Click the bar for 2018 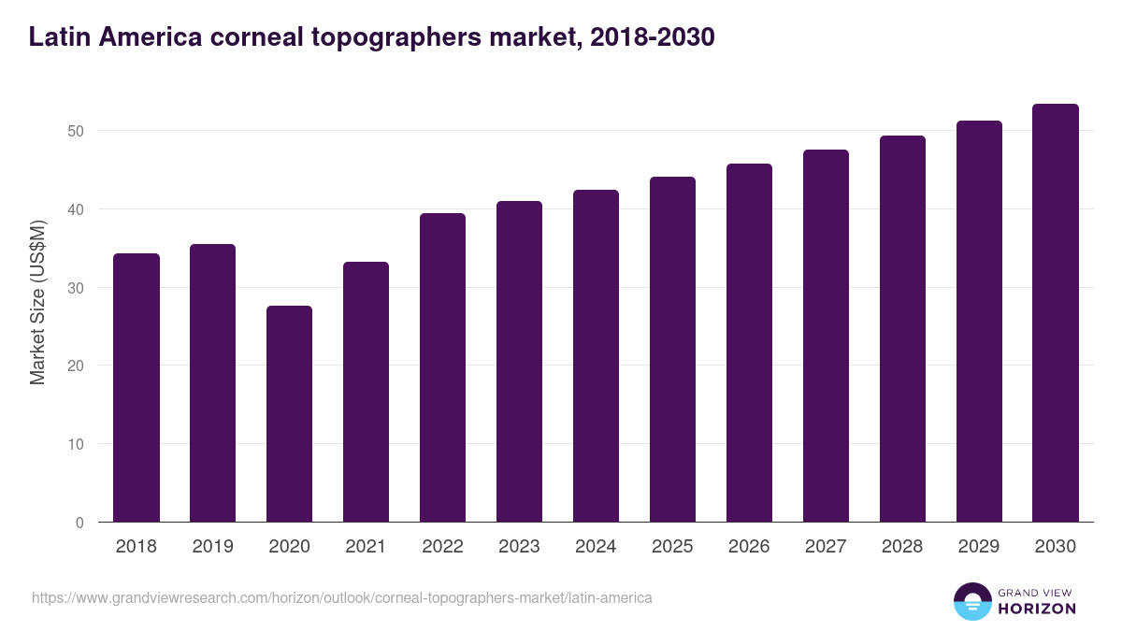pyautogui.click(x=137, y=388)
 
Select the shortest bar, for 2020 pyautogui.click(x=289, y=414)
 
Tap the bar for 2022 pyautogui.click(x=442, y=367)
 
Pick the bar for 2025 pyautogui.click(x=672, y=350)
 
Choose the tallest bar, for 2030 pyautogui.click(x=1056, y=313)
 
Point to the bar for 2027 pyautogui.click(x=826, y=336)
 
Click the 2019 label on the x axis pyautogui.click(x=212, y=547)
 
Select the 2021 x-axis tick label pyautogui.click(x=366, y=547)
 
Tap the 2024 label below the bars pyautogui.click(x=596, y=547)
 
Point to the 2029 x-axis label pyautogui.click(x=979, y=547)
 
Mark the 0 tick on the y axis pyautogui.click(x=80, y=523)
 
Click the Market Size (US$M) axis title pyautogui.click(x=37, y=302)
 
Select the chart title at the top pyautogui.click(x=371, y=36)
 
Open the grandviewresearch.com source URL pyautogui.click(x=341, y=597)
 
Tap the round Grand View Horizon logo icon pyautogui.click(x=971, y=601)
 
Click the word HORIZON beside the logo pyautogui.click(x=1036, y=609)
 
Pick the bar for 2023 pyautogui.click(x=519, y=362)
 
